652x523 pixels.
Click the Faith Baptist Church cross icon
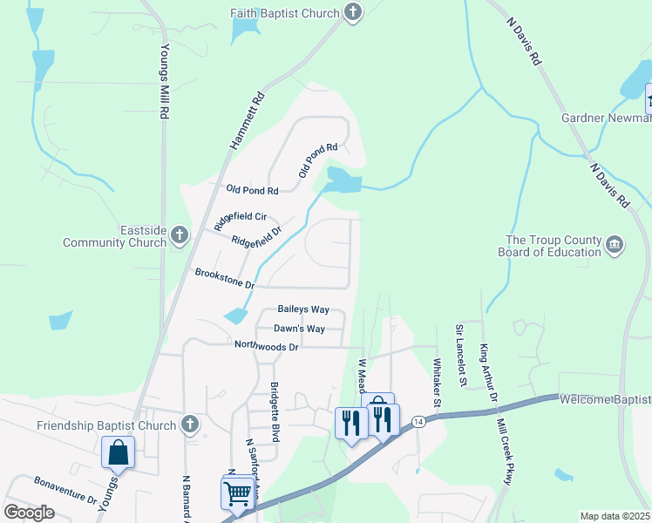tap(353, 12)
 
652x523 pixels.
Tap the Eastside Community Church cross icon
tap(180, 234)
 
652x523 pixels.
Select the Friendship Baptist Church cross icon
tap(191, 425)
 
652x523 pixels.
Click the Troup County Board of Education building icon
tap(614, 246)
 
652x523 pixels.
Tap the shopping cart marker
tap(237, 494)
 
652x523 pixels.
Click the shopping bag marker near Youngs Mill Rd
tap(118, 453)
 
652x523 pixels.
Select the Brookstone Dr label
tap(224, 279)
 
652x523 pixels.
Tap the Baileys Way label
tap(302, 309)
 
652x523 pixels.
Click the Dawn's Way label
tap(299, 329)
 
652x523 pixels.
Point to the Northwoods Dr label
tap(266, 346)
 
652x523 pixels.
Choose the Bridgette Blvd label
tap(274, 411)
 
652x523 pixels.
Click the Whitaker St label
tap(438, 380)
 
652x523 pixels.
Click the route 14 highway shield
tap(419, 421)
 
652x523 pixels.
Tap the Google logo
tap(29, 513)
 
